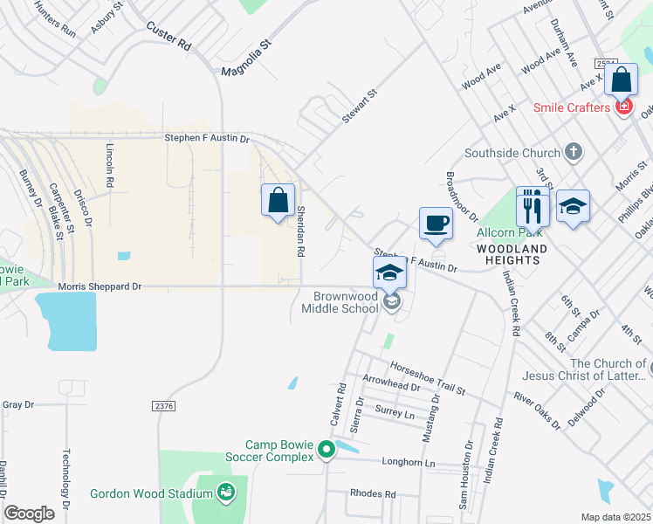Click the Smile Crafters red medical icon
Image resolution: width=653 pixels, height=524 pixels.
point(623,107)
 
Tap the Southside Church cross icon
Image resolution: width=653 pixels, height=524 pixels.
point(573,153)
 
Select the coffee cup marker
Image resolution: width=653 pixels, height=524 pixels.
point(436,224)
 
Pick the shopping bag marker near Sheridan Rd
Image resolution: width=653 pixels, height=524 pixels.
point(278,201)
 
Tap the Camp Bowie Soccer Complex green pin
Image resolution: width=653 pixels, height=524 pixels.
point(326,451)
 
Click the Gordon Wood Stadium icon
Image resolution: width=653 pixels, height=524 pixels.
point(226,493)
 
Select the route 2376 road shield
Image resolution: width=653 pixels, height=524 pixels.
point(164,405)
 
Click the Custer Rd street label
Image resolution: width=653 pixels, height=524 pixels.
point(168,37)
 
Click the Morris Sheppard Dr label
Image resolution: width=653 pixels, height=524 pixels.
point(100,286)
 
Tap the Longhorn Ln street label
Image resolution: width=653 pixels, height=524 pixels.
point(409,463)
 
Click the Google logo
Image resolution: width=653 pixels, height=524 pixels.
point(30,514)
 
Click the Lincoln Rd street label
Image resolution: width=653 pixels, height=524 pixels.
point(109,167)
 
